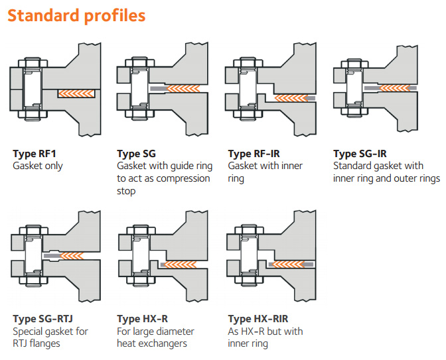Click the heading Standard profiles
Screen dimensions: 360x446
pyautogui.click(x=76, y=15)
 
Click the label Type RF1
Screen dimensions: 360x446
pyautogui.click(x=33, y=154)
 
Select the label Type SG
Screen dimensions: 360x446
pyautogui.click(x=136, y=154)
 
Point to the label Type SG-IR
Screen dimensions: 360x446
pyautogui.click(x=362, y=154)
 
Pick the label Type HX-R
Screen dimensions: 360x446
pyautogui.click(x=142, y=319)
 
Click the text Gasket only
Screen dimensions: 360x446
pyautogui.click(x=38, y=166)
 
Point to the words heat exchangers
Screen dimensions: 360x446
pyautogui.click(x=152, y=343)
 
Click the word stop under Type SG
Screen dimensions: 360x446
pyautogui.click(x=126, y=191)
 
